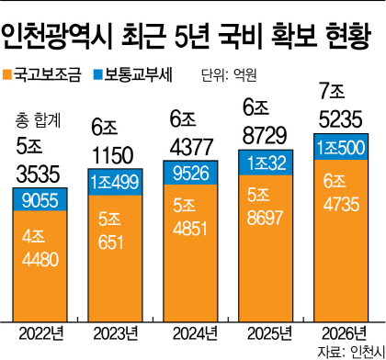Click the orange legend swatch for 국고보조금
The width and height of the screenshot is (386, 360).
pyautogui.click(x=8, y=71)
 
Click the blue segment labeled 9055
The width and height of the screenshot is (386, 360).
pyautogui.click(x=40, y=200)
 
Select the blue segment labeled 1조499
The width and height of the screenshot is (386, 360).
pyautogui.click(x=116, y=182)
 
